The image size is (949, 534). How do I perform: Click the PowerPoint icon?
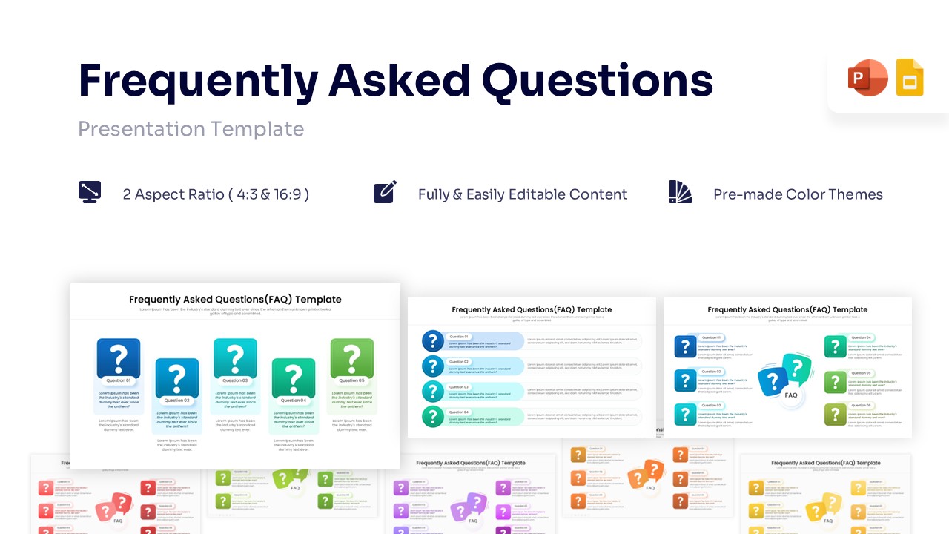point(867,78)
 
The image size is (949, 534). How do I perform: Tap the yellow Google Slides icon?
point(910,78)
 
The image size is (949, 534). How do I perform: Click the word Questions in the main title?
point(597,81)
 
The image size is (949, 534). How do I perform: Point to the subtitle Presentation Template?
point(191,129)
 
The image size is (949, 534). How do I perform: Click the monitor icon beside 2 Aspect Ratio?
point(90,193)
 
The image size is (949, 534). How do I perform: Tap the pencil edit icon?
point(385,192)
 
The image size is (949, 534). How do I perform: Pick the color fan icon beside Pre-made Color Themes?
point(680,192)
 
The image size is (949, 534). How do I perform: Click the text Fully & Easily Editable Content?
point(523,194)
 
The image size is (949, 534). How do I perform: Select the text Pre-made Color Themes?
point(798,194)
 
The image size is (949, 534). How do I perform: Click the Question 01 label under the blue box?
point(119,380)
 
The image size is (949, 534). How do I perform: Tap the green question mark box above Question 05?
point(352,358)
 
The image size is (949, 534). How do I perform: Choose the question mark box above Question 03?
point(235,358)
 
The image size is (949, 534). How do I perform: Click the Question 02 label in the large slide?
point(177,400)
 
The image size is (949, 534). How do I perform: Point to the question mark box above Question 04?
point(293,378)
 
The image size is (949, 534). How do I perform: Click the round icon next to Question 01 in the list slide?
point(433,341)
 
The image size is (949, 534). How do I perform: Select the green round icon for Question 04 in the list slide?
point(433,416)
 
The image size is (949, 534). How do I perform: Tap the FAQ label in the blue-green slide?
point(791,395)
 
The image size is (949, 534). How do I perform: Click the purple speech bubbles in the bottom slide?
point(469,507)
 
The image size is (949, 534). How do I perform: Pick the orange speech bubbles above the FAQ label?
point(646,473)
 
